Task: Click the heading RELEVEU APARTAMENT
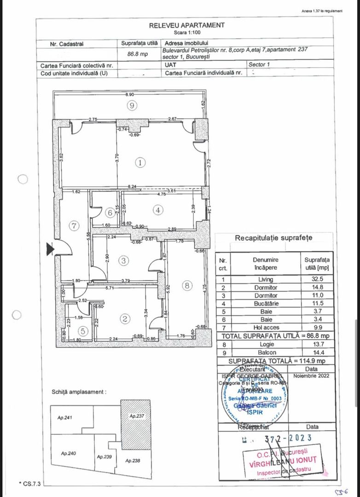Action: tap(187, 26)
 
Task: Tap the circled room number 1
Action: tap(140, 162)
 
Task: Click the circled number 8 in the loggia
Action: tap(186, 286)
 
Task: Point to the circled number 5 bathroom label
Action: tap(83, 330)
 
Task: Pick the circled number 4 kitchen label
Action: tap(158, 210)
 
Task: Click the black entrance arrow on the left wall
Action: tap(50, 249)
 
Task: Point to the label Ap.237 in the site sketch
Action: tap(137, 416)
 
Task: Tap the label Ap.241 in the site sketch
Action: tap(65, 418)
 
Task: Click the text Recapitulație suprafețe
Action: tap(273, 238)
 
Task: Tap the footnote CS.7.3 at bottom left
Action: tap(30, 484)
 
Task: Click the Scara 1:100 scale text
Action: tap(186, 33)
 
